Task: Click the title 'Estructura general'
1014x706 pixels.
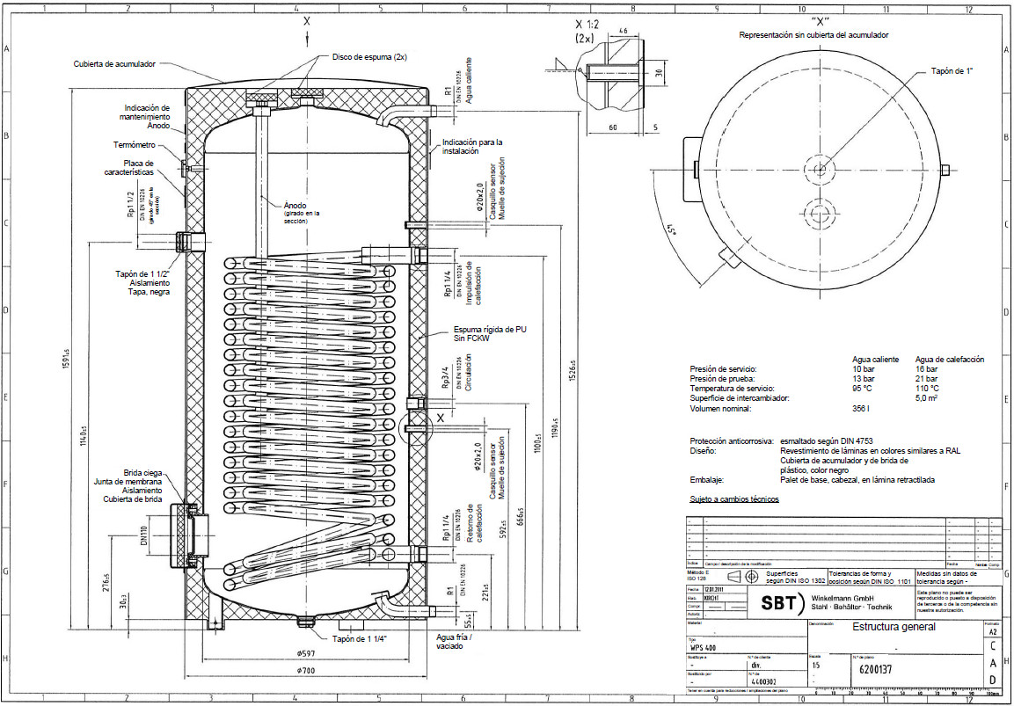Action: click(894, 627)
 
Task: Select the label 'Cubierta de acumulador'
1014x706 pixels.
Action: click(114, 64)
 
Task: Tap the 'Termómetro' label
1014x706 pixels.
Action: click(135, 144)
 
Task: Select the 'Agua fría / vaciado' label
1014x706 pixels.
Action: click(449, 641)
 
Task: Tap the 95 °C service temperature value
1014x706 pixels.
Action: click(863, 388)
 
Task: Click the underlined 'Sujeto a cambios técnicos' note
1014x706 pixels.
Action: click(733, 499)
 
